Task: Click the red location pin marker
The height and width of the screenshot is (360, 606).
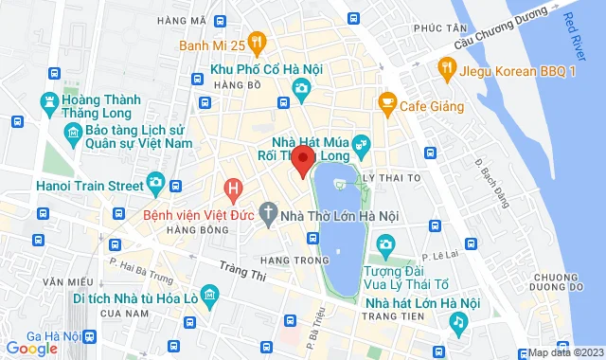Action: point(302,159)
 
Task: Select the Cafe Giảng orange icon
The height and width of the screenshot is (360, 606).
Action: point(386,101)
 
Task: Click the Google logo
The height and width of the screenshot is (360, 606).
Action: point(30,349)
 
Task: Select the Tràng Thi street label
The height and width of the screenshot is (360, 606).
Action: point(235,272)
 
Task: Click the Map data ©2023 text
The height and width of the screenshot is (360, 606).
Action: point(565,352)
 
